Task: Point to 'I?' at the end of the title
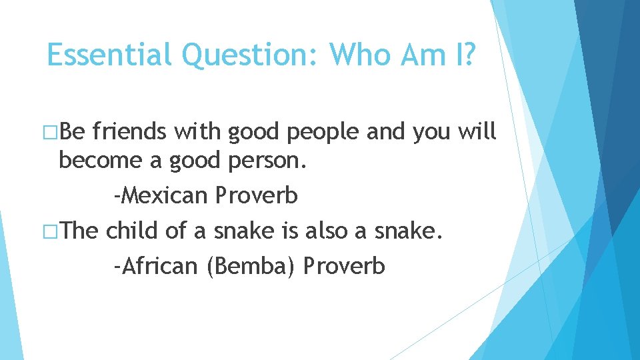461,55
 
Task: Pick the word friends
130,132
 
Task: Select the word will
477,132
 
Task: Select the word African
156,266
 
